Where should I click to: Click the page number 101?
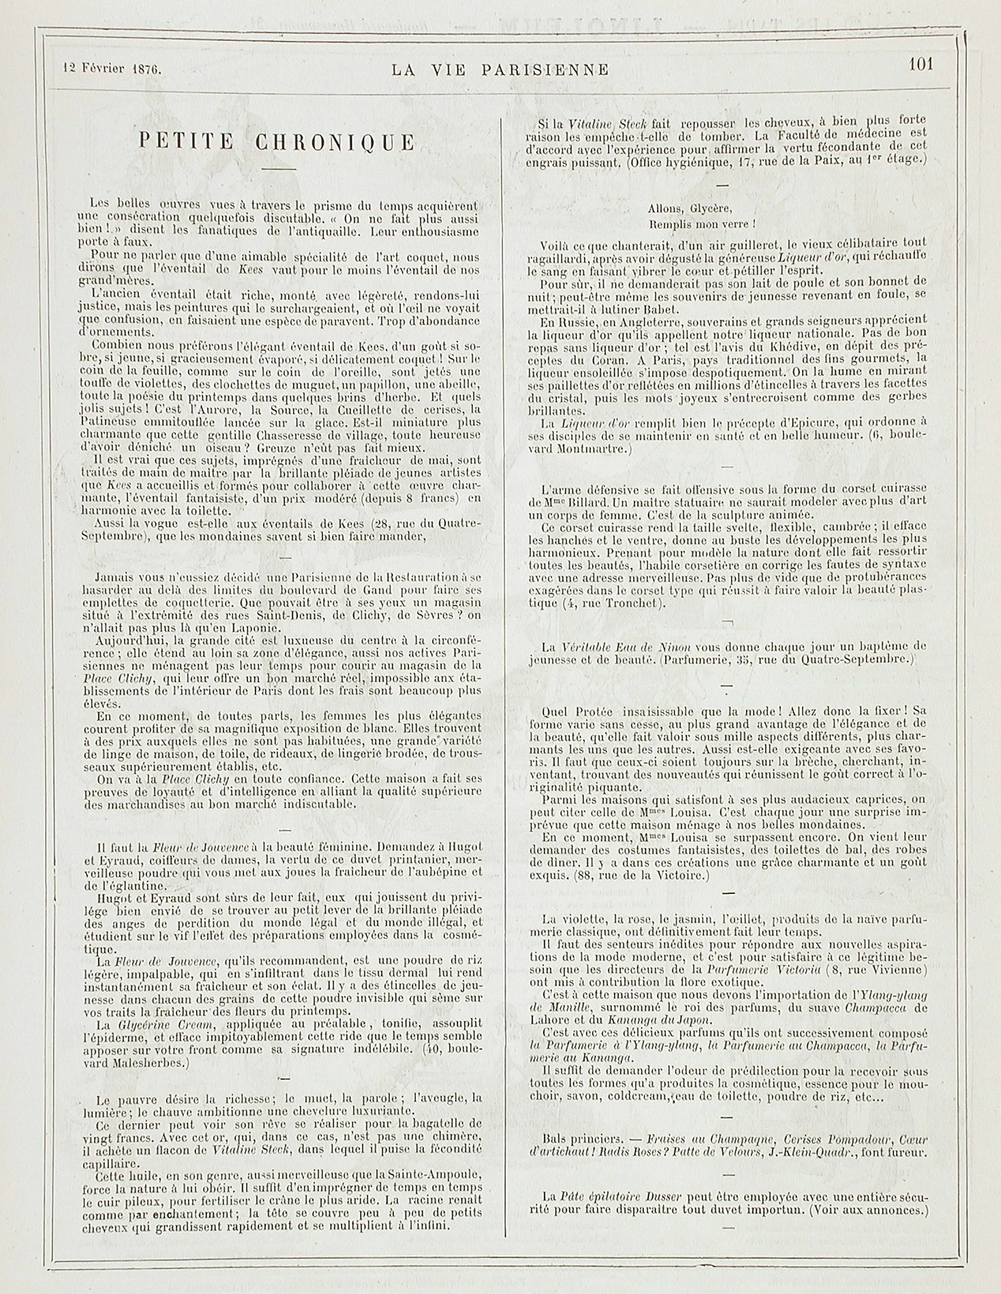[x=921, y=64]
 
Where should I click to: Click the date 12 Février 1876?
[x=112, y=68]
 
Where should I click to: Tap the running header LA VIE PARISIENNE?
[x=499, y=70]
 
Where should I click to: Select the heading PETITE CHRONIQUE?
[x=277, y=143]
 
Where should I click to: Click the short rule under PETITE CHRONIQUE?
[x=278, y=170]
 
